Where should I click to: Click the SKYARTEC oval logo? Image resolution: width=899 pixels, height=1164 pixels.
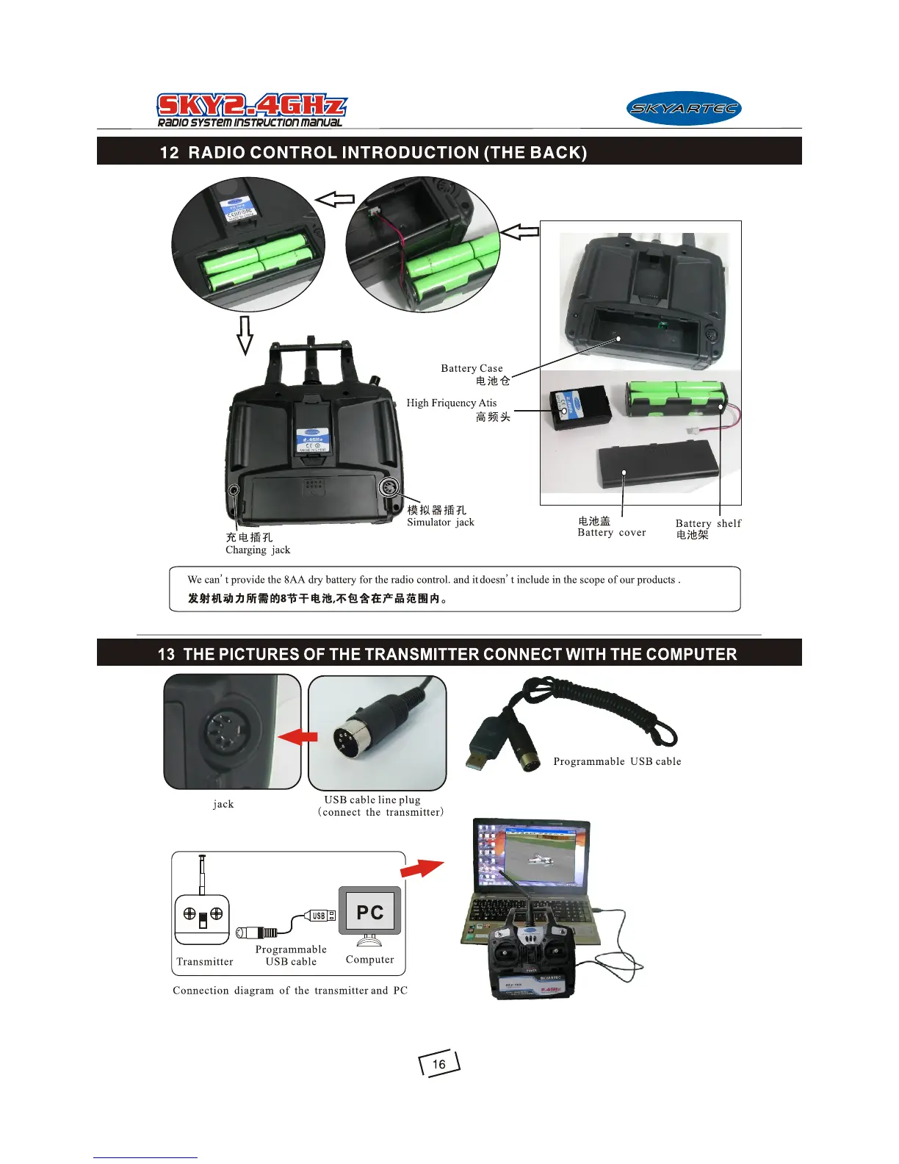684,109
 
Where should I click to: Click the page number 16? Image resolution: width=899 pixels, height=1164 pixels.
439,1064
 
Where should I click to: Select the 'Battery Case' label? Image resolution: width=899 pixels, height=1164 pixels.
472,368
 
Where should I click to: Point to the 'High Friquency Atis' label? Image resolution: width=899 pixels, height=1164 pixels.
451,403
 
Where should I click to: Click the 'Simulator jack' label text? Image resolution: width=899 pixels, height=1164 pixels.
440,522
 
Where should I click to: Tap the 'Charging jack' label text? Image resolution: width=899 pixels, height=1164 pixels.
258,550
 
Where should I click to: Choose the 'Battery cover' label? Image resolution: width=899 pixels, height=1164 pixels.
611,533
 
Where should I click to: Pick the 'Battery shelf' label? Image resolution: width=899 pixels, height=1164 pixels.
708,523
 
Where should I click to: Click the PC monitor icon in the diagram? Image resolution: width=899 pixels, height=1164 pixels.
370,912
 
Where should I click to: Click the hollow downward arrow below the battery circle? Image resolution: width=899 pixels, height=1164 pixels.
245,335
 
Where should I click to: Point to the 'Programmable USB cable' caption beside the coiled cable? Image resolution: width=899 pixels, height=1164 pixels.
617,761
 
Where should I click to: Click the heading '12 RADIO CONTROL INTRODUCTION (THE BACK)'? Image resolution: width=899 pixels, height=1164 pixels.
373,152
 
